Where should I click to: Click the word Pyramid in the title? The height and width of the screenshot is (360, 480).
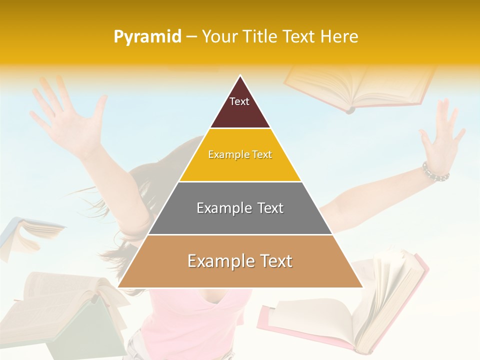[147, 37]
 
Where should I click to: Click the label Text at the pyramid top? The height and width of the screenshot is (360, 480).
[239, 101]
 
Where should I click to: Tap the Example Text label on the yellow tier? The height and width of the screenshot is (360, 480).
[240, 154]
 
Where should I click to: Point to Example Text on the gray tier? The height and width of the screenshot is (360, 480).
[240, 208]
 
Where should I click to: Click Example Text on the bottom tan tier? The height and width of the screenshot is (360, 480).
[240, 261]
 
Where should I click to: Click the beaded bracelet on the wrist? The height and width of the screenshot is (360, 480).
[435, 172]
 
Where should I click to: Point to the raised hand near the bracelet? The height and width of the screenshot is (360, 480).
[440, 135]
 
